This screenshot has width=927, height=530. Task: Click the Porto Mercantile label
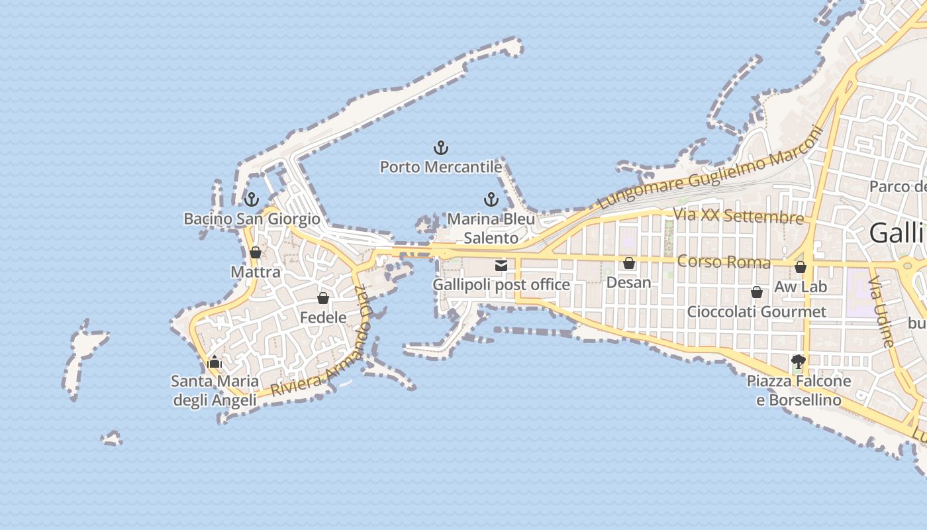click(x=440, y=167)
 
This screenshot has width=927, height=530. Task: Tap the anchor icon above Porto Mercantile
click(x=440, y=147)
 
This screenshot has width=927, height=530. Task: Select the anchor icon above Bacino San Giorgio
click(x=251, y=199)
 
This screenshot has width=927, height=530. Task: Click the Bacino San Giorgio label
click(x=252, y=219)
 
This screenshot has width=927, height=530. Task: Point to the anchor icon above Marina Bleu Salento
click(x=491, y=199)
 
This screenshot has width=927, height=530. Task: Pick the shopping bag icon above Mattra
click(x=256, y=252)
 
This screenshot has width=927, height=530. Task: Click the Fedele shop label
click(x=323, y=317)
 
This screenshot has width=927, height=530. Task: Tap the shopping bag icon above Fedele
click(x=323, y=298)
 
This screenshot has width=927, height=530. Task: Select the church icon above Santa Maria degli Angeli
click(x=214, y=362)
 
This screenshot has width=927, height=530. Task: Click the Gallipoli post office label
click(x=501, y=285)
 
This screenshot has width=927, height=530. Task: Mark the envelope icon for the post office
click(x=501, y=266)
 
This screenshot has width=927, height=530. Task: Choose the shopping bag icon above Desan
click(x=629, y=263)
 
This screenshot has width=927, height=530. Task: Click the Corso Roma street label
click(x=724, y=262)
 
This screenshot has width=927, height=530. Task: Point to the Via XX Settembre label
click(x=738, y=216)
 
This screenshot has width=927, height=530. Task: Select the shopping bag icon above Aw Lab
click(x=801, y=267)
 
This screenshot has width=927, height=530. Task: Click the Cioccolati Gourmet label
click(x=757, y=311)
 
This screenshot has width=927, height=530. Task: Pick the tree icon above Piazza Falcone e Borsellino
click(x=799, y=362)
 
